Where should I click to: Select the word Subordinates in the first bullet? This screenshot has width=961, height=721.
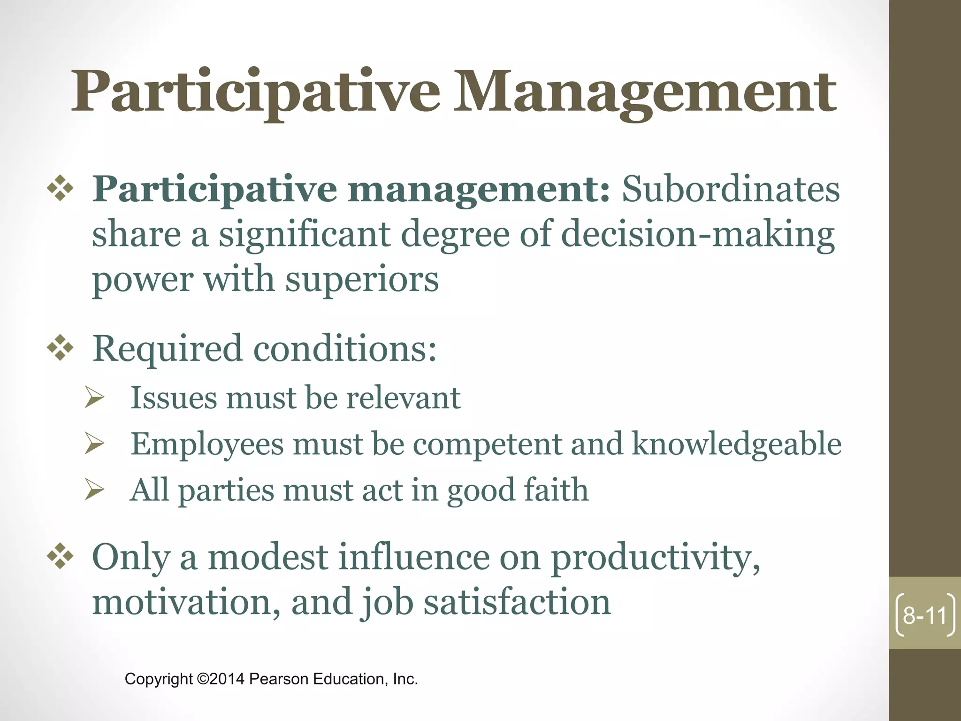tap(731, 189)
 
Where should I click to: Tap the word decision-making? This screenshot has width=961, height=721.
tap(698, 234)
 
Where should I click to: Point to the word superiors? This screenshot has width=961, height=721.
tap(362, 279)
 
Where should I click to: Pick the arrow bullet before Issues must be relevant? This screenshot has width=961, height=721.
tap(94, 398)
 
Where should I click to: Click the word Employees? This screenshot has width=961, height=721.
tap(207, 444)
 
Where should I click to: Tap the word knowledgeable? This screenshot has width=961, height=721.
tap(736, 444)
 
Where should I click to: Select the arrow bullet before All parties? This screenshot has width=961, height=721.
tap(94, 490)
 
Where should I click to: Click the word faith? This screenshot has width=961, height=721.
tap(556, 490)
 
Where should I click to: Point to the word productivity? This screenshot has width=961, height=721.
tap(655, 558)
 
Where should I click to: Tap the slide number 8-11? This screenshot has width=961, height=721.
tap(925, 615)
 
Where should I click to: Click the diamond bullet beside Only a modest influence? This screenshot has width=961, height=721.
tap(61, 557)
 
